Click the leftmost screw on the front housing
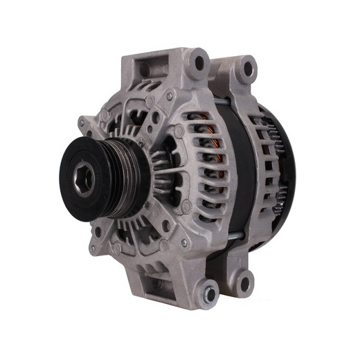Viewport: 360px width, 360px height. click(x=81, y=125)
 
